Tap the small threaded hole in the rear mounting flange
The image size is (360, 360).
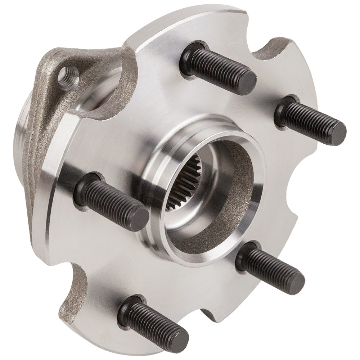pyautogui.click(x=68, y=77)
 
